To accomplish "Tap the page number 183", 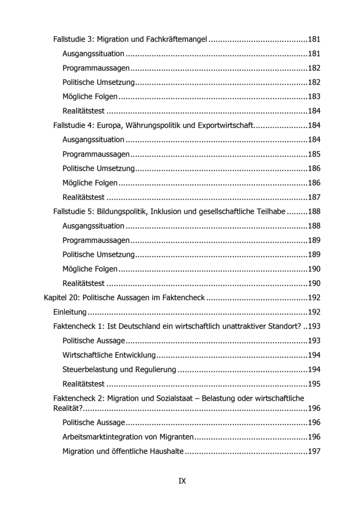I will tap(314, 97).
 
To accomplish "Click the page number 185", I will tap(314, 154).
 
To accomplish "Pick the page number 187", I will tap(314, 197).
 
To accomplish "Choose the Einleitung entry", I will tap(70, 313).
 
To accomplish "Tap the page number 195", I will tap(314, 384).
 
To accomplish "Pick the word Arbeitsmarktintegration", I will tap(104, 437).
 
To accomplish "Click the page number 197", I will tap(314, 452).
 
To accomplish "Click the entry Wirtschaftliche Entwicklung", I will tap(110, 356).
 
